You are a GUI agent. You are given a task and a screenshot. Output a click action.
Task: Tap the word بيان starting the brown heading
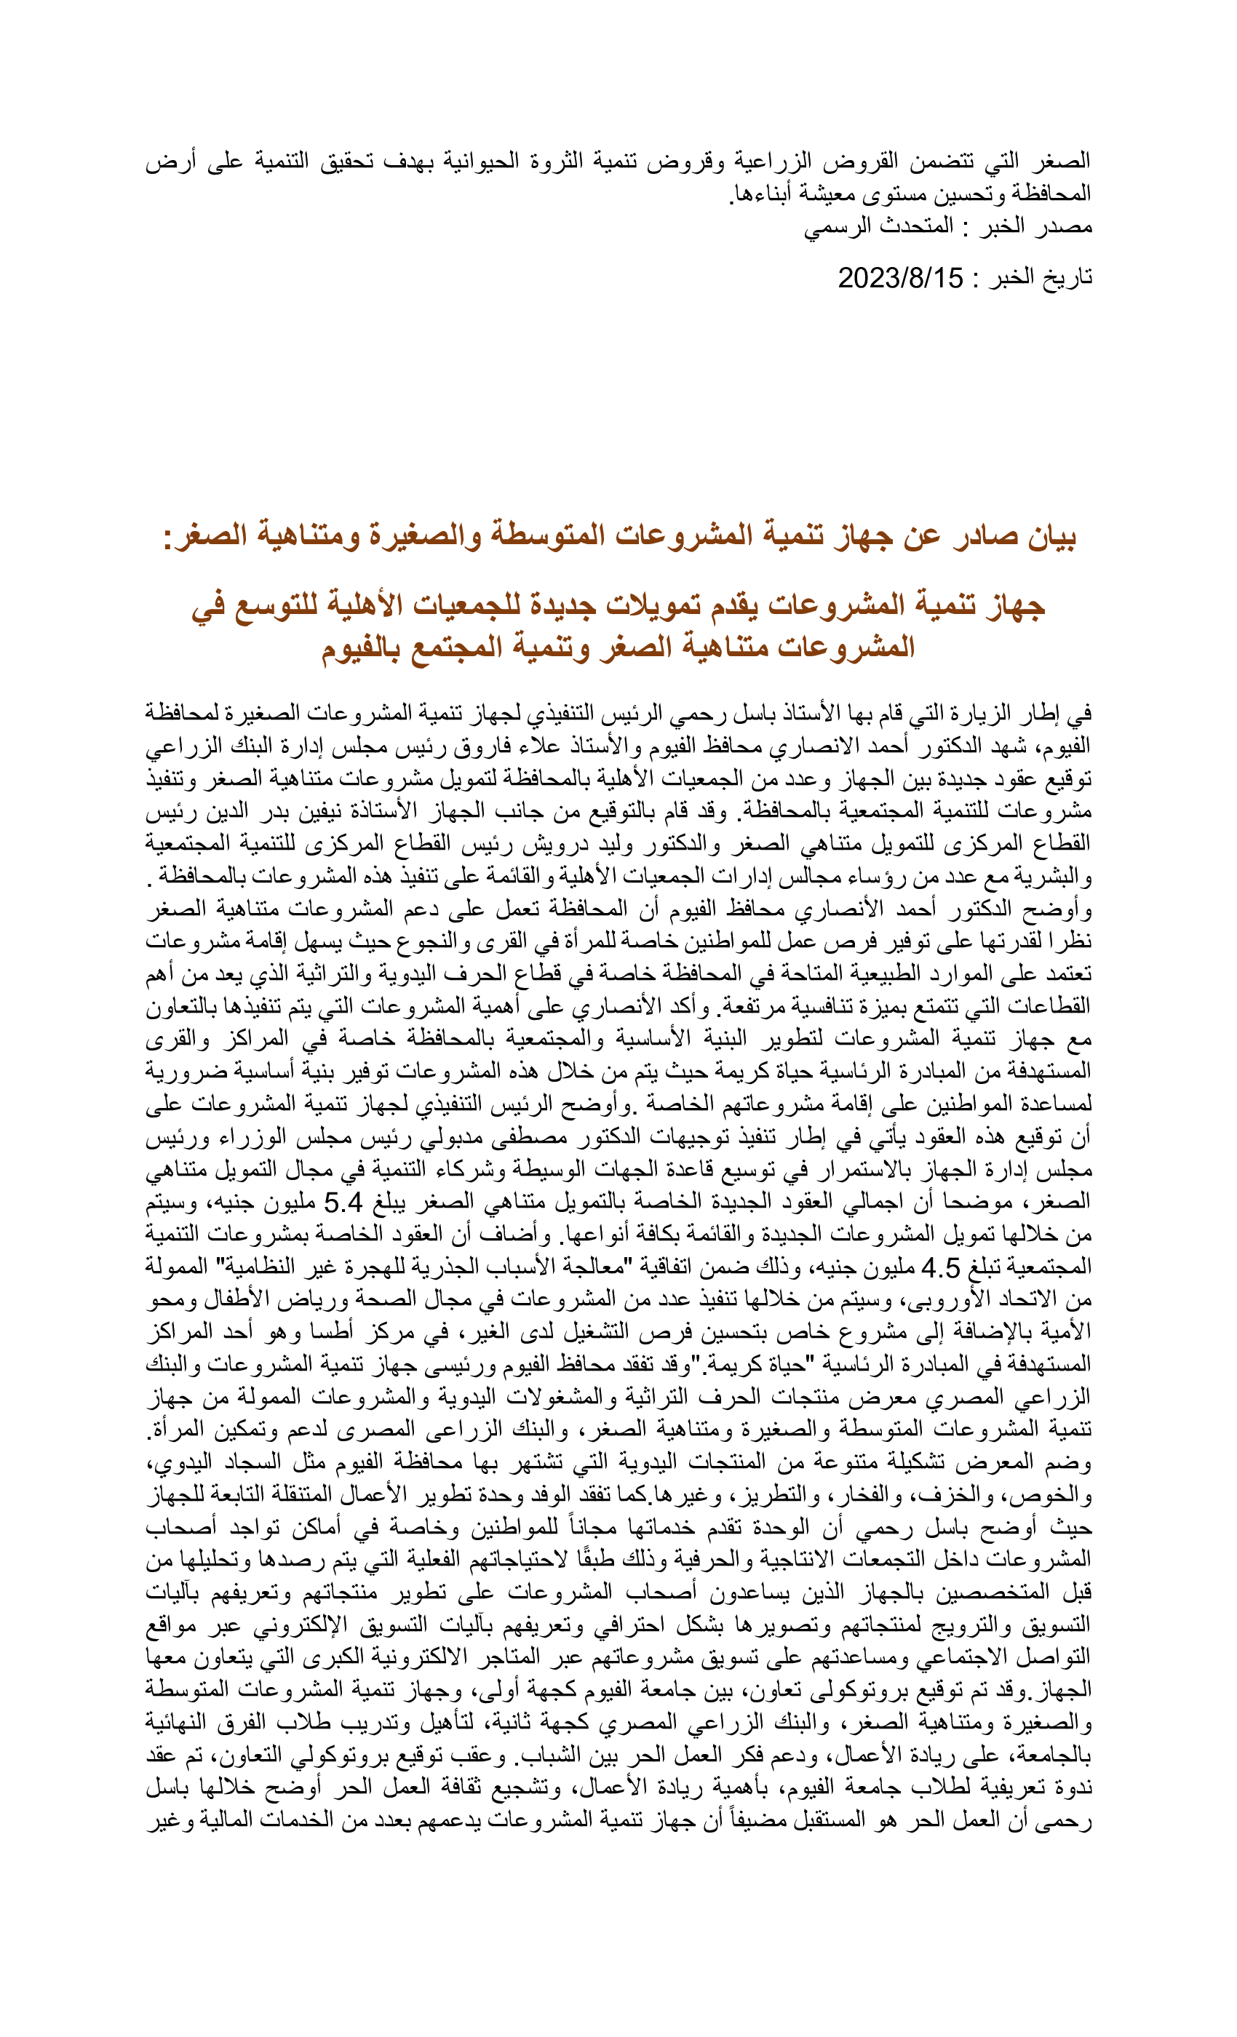(1050, 537)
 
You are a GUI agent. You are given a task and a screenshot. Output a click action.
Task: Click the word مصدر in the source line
(1068, 226)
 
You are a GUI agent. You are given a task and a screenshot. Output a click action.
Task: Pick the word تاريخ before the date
(1067, 278)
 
